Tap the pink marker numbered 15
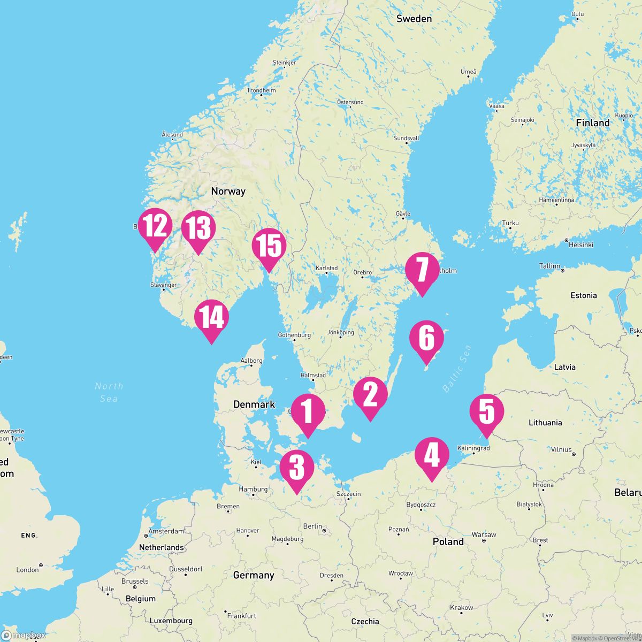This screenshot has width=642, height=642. [269, 247]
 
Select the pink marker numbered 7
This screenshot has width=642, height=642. [422, 271]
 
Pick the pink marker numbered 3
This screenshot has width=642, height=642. [296, 468]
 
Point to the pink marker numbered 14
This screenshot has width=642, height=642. [212, 318]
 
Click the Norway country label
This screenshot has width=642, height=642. [228, 191]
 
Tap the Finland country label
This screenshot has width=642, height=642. [592, 123]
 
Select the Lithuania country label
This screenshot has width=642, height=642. [545, 423]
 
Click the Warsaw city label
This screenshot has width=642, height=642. [484, 534]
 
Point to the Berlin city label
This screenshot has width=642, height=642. [312, 526]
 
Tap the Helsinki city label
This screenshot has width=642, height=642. [581, 244]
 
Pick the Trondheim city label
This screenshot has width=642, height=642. [261, 90]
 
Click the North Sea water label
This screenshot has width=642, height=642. [109, 392]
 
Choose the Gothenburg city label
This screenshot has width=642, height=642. [294, 335]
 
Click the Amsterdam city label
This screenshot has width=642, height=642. [166, 531]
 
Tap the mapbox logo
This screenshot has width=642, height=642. [24, 635]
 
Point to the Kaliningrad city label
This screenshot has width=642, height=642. [473, 448]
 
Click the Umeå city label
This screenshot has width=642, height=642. [468, 72]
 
